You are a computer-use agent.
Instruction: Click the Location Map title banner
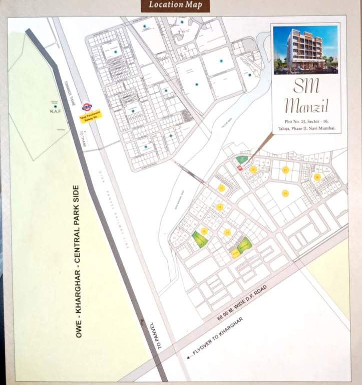click(171, 6)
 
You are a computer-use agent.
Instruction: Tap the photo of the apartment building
click(305, 49)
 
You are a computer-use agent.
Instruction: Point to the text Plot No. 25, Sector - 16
click(305, 122)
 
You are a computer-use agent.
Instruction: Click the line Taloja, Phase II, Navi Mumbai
click(305, 129)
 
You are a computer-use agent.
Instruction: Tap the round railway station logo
click(87, 106)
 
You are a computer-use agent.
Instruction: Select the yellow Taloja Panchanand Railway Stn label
click(91, 116)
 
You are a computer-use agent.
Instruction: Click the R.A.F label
click(55, 112)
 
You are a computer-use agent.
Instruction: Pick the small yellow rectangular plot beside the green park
click(234, 254)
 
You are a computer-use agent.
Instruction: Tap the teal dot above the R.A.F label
click(55, 106)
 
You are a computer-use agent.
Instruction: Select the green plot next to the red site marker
click(240, 159)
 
